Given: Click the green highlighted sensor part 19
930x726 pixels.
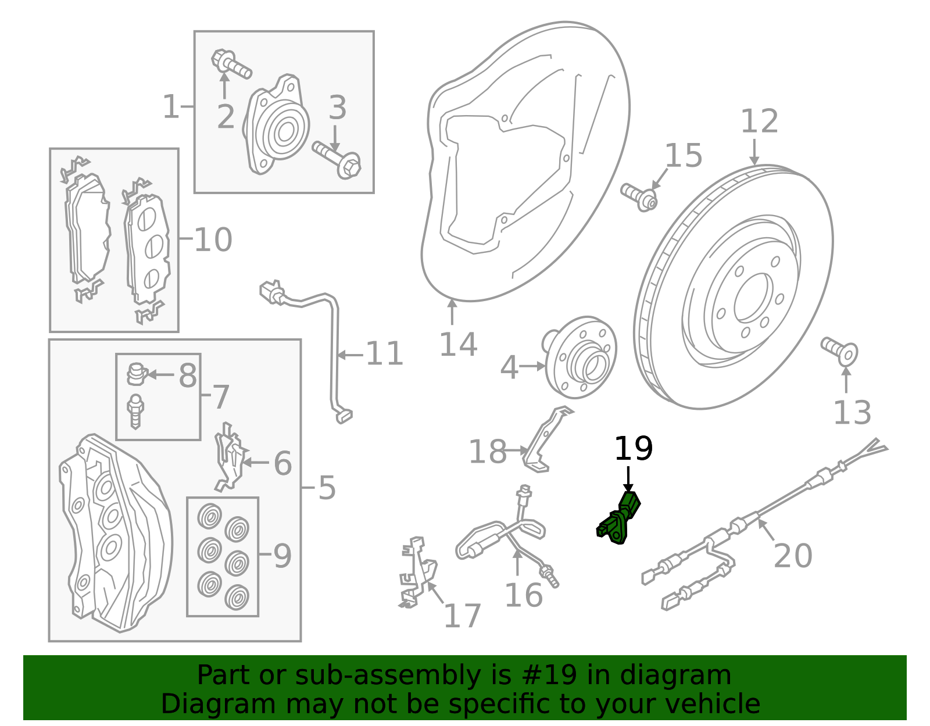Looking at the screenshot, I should point(618,518).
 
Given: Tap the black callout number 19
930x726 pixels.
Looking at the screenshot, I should point(633,449).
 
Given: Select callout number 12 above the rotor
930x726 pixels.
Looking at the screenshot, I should point(759,122).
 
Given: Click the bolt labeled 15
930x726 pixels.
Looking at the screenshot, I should point(638,196).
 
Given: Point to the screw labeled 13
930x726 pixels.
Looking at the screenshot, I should point(840,351).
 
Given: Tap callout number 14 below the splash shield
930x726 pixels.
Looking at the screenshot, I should point(458,345).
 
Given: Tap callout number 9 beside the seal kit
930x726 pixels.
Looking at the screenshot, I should point(282,556).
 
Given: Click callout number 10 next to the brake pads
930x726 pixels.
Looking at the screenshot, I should point(213,240).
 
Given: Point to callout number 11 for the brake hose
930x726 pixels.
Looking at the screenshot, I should point(384,354).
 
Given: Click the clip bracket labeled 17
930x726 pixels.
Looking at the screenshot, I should point(417,573).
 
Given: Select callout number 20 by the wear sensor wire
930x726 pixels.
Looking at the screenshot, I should point(793,556).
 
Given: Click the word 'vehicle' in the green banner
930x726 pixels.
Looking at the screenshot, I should point(712,704).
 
